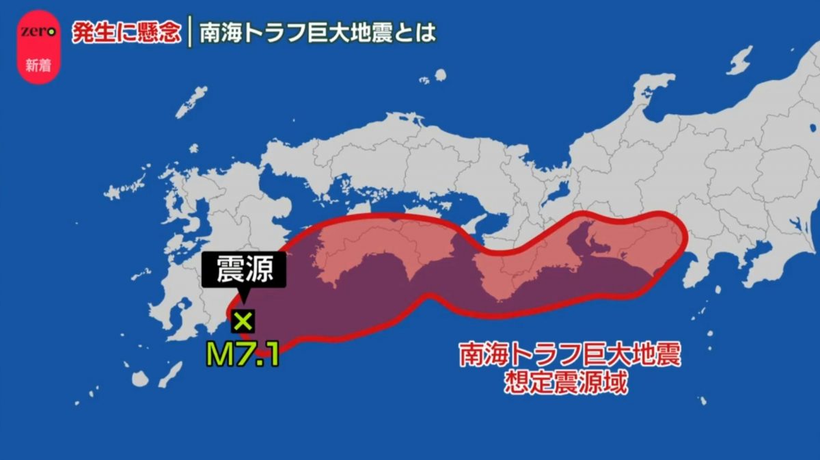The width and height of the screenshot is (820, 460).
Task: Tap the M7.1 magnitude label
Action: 243,355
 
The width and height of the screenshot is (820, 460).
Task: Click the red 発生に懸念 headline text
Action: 126,33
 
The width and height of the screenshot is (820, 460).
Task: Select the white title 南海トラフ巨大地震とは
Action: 317,33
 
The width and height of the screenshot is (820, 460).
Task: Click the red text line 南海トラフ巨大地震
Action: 571,356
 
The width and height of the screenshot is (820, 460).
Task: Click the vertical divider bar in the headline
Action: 190,33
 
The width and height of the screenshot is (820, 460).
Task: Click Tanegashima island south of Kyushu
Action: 171,373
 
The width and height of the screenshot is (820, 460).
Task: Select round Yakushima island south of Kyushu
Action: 140,379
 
